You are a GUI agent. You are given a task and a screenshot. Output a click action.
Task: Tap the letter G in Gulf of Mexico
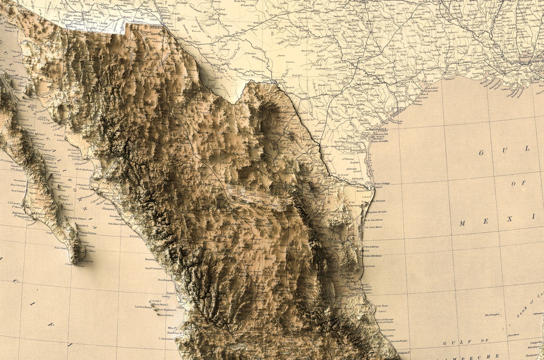click(x=481, y=153)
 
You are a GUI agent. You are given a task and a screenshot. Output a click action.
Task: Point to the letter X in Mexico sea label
click(x=509, y=219)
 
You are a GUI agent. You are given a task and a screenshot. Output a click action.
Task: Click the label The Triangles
click(x=493, y=315)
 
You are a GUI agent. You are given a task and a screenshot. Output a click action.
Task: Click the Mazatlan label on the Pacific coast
click(x=152, y=259)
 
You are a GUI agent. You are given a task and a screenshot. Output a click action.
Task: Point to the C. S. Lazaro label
click(x=15, y=204)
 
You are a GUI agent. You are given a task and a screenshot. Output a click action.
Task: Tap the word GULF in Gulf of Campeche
click(x=450, y=343)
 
